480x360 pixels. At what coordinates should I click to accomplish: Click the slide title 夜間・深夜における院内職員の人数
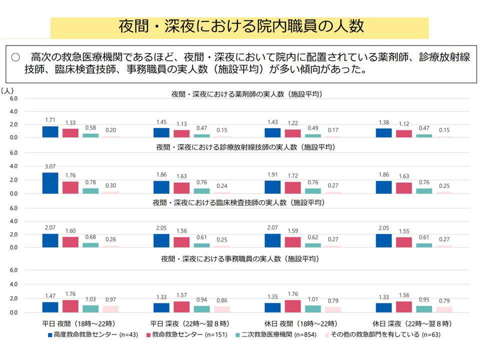tap(239, 26)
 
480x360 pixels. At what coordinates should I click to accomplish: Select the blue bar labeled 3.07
tap(50, 183)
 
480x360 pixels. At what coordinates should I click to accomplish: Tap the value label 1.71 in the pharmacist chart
tap(50, 120)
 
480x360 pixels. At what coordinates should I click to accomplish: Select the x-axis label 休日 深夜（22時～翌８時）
tap(412, 323)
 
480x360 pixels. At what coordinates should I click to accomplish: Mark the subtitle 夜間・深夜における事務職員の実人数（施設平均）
tap(240, 259)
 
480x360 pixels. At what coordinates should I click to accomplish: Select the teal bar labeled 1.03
tap(90, 308)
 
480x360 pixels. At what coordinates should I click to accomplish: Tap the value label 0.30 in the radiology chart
tap(110, 185)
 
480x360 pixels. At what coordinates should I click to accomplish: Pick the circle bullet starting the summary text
tap(15, 57)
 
